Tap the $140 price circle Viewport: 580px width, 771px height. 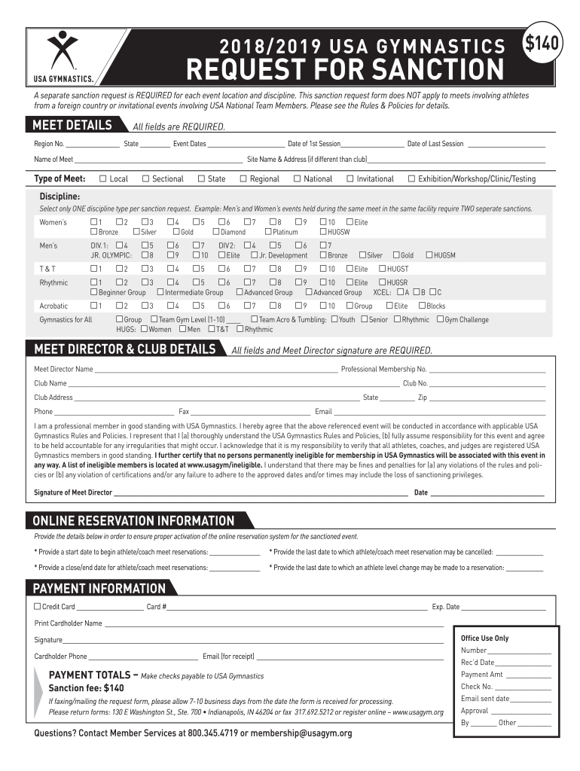coord(543,44)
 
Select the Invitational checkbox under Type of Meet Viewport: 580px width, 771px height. coord(350,179)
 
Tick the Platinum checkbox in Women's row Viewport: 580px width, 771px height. coord(268,233)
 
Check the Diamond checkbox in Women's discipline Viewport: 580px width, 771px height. coord(215,233)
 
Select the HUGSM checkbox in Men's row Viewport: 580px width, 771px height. coord(429,255)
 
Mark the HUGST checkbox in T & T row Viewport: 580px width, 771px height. coord(382,268)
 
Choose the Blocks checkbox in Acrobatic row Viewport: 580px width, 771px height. coord(422,306)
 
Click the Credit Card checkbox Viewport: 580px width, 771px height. coord(38,606)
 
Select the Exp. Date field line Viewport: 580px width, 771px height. coord(503,608)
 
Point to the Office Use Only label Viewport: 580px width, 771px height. coord(484,638)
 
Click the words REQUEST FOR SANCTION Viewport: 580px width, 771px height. coord(344,70)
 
